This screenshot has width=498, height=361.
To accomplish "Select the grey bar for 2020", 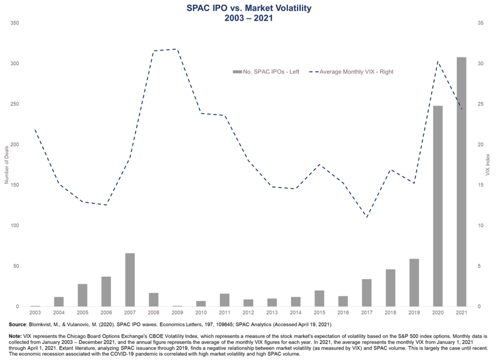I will click(438, 206).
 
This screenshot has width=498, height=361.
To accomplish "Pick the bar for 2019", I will click(414, 282).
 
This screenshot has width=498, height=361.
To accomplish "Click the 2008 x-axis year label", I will click(153, 313).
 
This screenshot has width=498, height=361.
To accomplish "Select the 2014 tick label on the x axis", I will click(295, 313).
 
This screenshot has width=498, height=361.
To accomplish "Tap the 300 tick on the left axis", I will click(15, 64).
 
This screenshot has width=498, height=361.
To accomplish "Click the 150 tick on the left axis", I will click(15, 185).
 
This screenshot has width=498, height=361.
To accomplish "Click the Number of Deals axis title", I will click(7, 165).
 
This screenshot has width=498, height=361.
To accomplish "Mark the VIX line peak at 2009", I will click(177, 49).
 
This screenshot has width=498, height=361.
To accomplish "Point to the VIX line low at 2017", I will click(367, 217).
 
